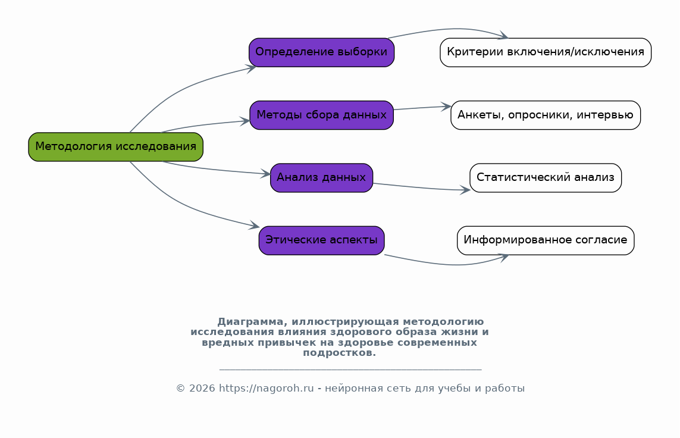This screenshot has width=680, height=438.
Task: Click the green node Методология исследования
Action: [x=115, y=147]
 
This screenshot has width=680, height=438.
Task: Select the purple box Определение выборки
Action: [x=321, y=52]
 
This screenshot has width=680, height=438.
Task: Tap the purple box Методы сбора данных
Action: [x=321, y=115]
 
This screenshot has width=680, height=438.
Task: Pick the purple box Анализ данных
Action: [x=321, y=177]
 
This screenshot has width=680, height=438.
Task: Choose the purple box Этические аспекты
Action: [x=321, y=240]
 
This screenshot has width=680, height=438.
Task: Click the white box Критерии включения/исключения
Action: [x=545, y=52]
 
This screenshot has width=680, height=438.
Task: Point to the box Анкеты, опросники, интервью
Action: [x=545, y=115]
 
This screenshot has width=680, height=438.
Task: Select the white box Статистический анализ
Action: [x=545, y=177]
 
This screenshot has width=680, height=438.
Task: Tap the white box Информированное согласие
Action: [x=545, y=240]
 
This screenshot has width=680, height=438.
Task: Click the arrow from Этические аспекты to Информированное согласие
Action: [x=452, y=264]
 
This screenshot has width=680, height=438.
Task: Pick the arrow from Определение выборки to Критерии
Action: [x=452, y=29]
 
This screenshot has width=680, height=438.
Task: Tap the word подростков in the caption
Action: [x=338, y=353]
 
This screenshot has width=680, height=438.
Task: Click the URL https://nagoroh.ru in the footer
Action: [x=266, y=389]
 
